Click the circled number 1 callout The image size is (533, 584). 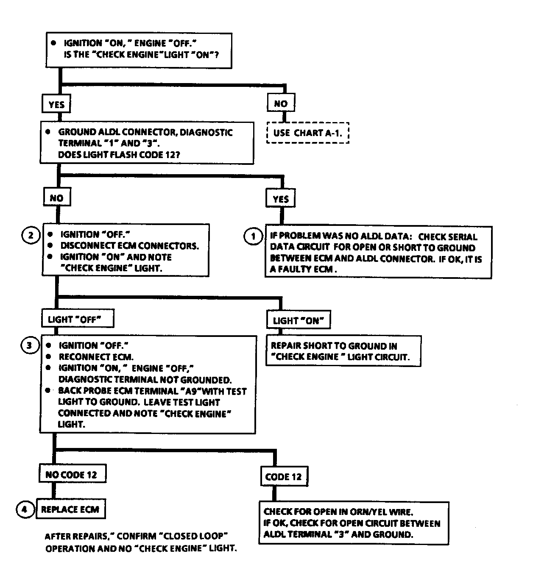tap(253, 236)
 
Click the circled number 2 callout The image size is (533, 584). tap(31, 235)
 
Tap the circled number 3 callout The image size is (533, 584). tap(29, 345)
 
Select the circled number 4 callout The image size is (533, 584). tap(25, 509)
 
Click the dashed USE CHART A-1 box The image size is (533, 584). tap(308, 133)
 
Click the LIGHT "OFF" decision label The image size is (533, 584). tap(78, 319)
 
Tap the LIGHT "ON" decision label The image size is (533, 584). tap(299, 320)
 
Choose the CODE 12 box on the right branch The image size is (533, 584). tap(284, 477)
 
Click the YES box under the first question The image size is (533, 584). tap(56, 104)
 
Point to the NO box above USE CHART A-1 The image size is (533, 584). tap(281, 103)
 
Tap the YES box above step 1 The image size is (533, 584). tap(281, 198)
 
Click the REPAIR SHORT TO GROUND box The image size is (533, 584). tap(343, 351)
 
